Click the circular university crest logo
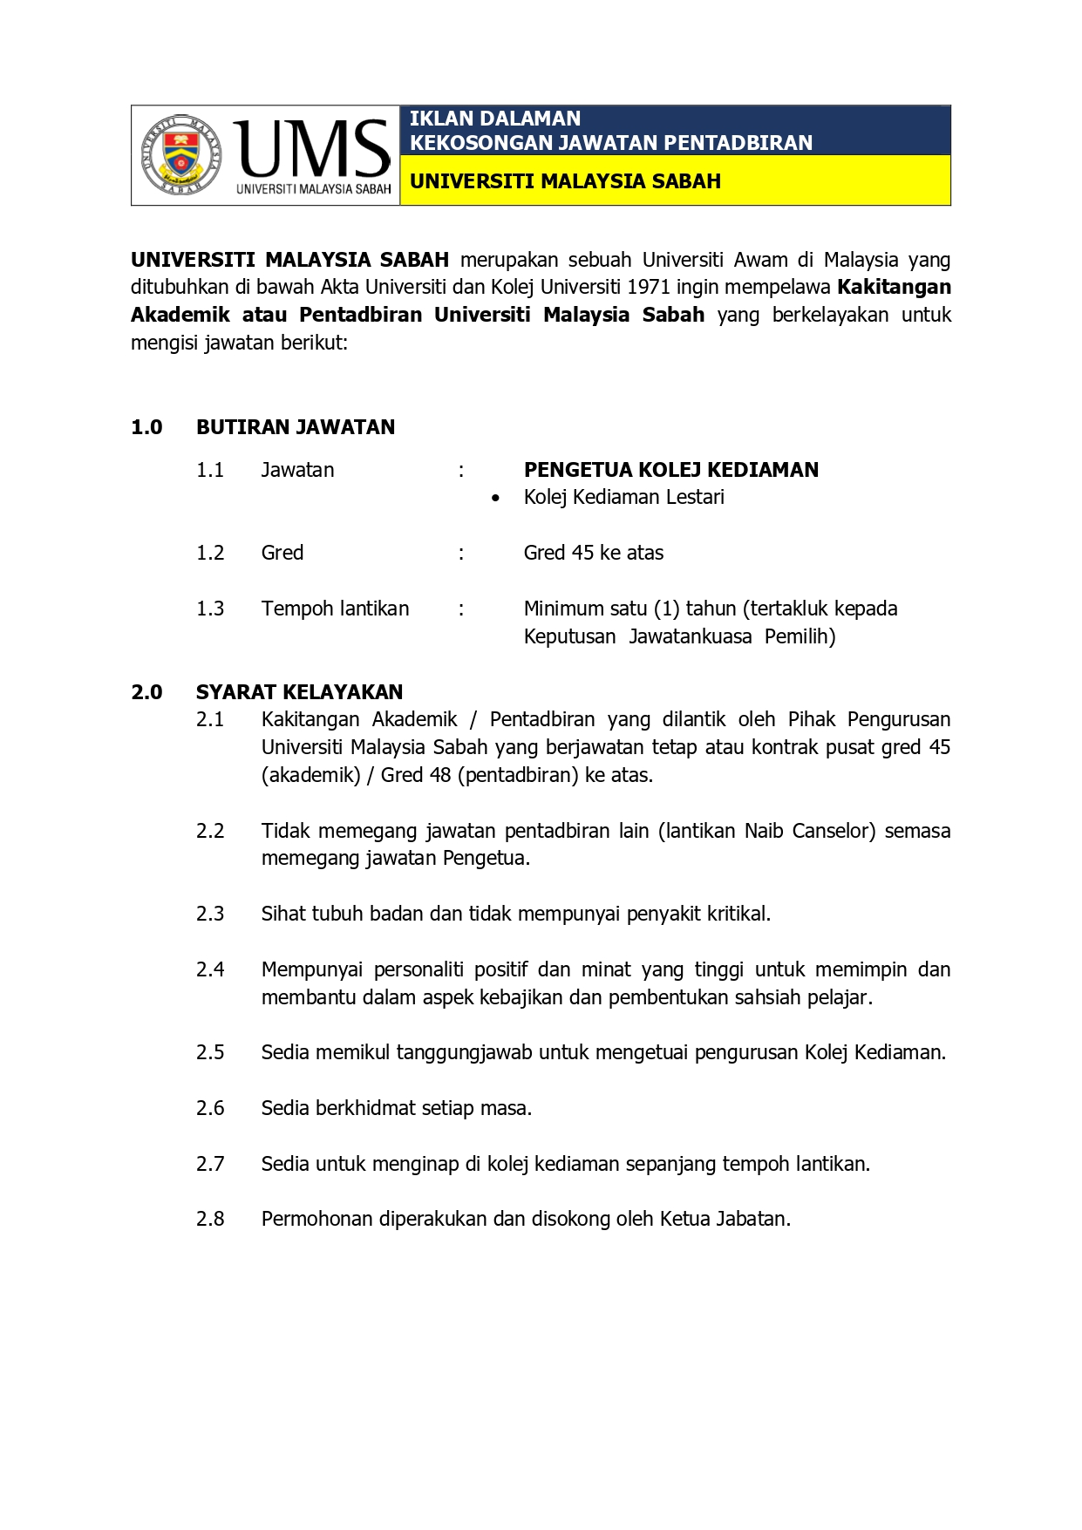[x=181, y=154]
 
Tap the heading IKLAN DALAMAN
[x=494, y=119]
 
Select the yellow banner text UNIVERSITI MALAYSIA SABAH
[x=565, y=181]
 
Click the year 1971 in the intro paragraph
[x=649, y=287]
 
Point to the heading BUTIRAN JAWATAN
[x=296, y=427]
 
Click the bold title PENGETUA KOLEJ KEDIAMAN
[x=670, y=470]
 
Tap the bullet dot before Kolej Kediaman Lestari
[x=495, y=499]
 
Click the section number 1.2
[x=210, y=553]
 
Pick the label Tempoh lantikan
[x=335, y=609]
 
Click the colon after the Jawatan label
[x=461, y=471]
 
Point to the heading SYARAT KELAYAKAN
[x=299, y=692]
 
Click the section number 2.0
[x=146, y=692]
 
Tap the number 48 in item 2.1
[x=440, y=775]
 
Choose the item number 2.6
[x=210, y=1108]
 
